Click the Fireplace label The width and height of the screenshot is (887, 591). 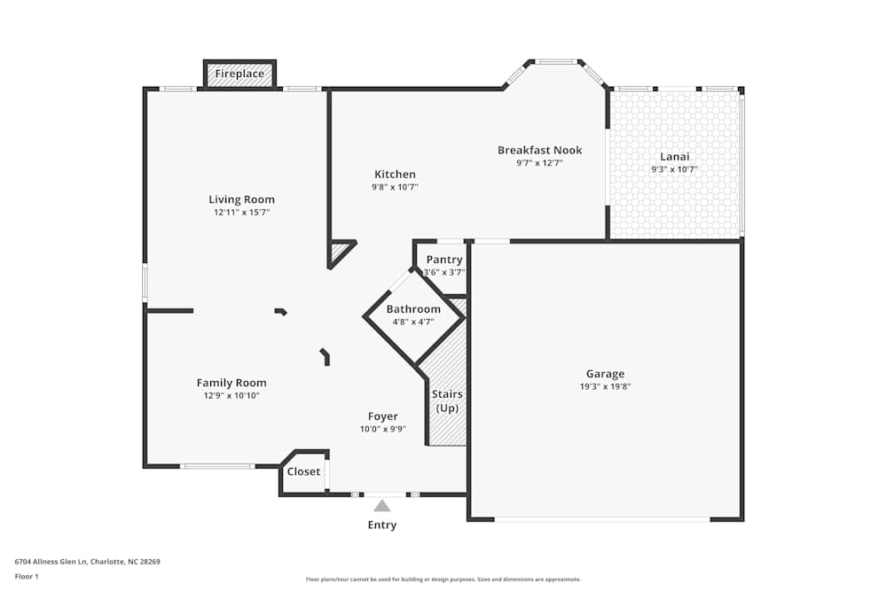[239, 74]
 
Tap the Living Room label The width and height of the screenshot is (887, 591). [241, 199]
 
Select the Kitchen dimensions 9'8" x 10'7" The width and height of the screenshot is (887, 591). [395, 187]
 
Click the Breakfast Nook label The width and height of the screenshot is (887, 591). [539, 150]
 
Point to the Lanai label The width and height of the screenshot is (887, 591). [675, 156]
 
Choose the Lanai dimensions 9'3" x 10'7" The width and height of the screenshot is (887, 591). [675, 168]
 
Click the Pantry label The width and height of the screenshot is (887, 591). [444, 260]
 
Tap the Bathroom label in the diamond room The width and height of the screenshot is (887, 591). [413, 309]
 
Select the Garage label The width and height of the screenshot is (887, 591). [605, 374]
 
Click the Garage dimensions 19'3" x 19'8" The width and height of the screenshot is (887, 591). [605, 386]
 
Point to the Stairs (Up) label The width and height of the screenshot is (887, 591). [447, 400]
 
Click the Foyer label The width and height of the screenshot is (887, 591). [383, 416]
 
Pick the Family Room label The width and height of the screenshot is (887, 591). [232, 383]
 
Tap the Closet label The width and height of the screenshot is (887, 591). [303, 471]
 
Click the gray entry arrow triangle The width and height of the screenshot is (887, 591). [382, 506]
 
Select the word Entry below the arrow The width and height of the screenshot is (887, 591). [382, 525]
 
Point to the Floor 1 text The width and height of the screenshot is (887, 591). [27, 576]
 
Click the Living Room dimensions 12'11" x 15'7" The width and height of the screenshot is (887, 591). [241, 213]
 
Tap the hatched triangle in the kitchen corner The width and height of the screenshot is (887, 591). [339, 251]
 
